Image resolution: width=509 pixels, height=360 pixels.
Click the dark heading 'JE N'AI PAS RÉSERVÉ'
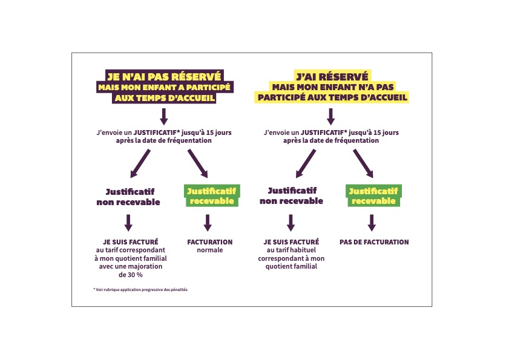point(164,76)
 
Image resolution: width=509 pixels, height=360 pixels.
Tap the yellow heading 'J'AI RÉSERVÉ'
point(332,76)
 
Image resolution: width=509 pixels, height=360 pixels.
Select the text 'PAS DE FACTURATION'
point(374,242)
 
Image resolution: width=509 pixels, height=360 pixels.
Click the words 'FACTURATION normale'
point(209,246)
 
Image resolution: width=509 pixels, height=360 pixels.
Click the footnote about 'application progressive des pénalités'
point(140,290)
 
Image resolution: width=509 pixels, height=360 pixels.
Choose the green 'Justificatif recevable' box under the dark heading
point(212,196)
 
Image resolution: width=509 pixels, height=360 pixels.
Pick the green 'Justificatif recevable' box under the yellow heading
point(373,196)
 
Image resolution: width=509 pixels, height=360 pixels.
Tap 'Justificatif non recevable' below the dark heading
point(128,197)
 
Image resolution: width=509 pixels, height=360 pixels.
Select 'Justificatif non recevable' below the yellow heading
point(291,196)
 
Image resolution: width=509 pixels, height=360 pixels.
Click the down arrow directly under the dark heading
point(164,117)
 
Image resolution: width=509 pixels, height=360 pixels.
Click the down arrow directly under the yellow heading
point(331,117)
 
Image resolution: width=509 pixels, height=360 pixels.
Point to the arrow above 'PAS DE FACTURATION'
point(372,223)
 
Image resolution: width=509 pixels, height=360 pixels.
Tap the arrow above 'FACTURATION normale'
point(208,223)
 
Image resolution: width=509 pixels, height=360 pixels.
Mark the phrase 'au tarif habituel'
point(291,250)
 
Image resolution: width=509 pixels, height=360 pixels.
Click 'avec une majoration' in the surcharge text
point(131,266)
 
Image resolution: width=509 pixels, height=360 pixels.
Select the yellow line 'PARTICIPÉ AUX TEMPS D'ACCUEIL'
point(332,97)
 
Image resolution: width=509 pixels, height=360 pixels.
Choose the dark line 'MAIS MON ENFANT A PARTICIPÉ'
point(164,87)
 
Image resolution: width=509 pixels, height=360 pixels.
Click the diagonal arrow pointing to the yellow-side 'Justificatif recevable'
point(363,163)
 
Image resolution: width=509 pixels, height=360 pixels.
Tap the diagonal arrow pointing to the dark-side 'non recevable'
point(140,163)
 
